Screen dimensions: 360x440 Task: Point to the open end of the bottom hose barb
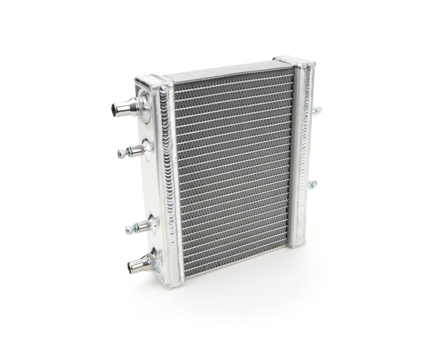click(x=131, y=268)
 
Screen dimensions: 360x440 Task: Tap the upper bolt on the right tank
click(x=317, y=110)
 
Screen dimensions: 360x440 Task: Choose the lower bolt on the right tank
click(x=312, y=185)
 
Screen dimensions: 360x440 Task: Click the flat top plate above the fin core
click(x=223, y=70)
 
